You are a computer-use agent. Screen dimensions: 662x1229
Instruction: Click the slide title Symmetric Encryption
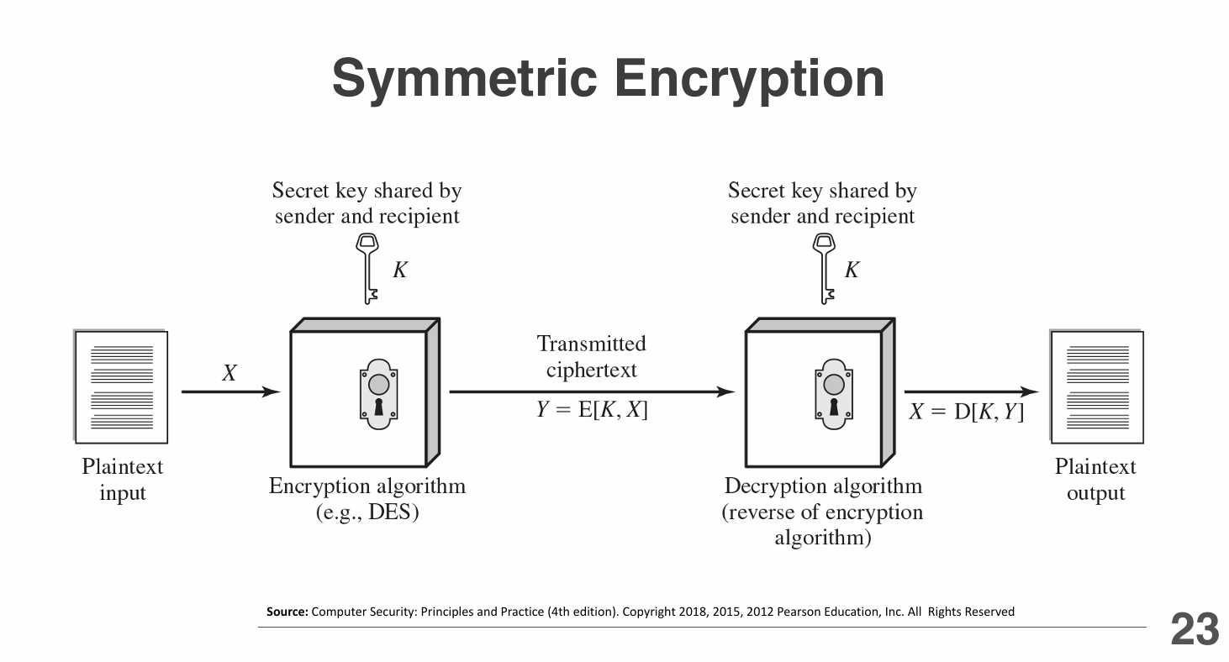[608, 78]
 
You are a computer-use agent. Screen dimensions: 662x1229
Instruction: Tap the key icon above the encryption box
[367, 268]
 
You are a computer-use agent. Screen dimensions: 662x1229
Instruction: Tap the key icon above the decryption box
[824, 268]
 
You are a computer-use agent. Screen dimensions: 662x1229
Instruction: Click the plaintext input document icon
[121, 386]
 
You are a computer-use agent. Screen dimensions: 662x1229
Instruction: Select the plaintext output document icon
[1096, 386]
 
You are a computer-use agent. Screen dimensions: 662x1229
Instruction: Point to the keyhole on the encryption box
[378, 396]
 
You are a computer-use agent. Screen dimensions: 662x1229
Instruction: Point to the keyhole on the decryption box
[834, 396]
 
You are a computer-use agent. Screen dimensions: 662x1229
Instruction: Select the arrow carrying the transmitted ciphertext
[592, 391]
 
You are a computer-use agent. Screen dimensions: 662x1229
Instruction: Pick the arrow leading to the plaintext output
[971, 391]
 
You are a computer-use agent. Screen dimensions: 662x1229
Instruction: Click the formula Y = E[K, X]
[593, 411]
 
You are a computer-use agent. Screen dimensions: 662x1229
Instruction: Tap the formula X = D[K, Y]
[967, 412]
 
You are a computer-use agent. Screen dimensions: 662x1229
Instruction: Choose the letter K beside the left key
[400, 270]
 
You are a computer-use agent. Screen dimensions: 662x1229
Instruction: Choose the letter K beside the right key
[852, 270]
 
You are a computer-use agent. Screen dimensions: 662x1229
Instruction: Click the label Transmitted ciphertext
[592, 356]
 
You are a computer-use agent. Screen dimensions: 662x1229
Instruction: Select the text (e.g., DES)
[367, 512]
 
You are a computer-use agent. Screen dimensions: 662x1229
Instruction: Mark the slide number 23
[1195, 630]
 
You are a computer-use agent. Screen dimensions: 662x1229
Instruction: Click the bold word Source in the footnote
[287, 612]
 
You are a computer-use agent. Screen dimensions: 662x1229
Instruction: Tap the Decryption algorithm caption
[823, 486]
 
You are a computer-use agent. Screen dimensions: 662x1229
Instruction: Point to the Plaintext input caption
[123, 480]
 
